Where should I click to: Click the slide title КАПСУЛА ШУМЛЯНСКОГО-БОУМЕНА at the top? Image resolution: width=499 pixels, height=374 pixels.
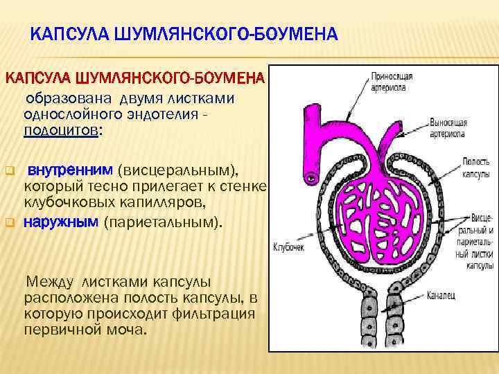pyautogui.click(x=184, y=34)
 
